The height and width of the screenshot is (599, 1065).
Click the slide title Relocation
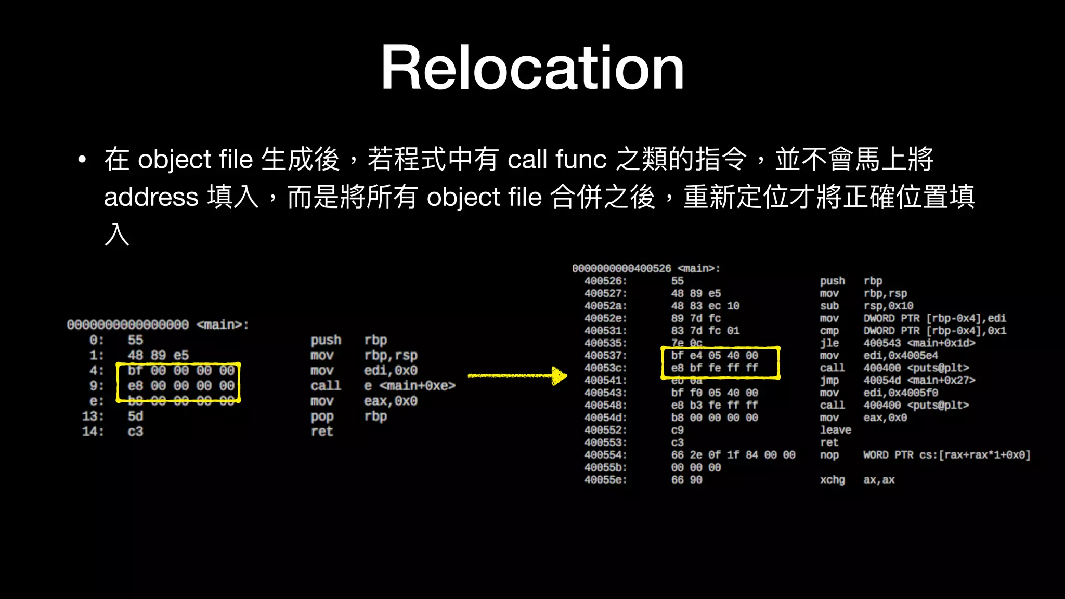532,68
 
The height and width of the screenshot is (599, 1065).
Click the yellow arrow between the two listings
517,375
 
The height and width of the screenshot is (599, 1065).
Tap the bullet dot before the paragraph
82,160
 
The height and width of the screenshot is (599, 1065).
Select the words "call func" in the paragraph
557,159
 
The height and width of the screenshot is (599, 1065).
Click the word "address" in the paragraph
151,198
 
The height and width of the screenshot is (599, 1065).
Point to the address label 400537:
605,356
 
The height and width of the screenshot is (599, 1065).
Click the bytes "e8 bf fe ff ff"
715,368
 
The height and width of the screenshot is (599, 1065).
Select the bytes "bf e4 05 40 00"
715,356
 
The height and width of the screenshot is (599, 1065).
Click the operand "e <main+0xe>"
409,386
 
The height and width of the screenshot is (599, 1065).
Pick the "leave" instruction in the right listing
835,430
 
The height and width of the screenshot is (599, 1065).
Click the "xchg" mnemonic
832,480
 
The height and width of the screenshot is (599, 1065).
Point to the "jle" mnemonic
829,343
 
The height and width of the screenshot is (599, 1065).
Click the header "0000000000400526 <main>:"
646,269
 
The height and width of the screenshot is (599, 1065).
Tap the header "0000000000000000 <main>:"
158,325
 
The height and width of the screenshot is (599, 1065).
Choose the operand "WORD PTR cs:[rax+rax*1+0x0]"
946,455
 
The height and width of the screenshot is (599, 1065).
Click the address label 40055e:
605,480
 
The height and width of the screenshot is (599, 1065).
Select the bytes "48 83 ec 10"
705,306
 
